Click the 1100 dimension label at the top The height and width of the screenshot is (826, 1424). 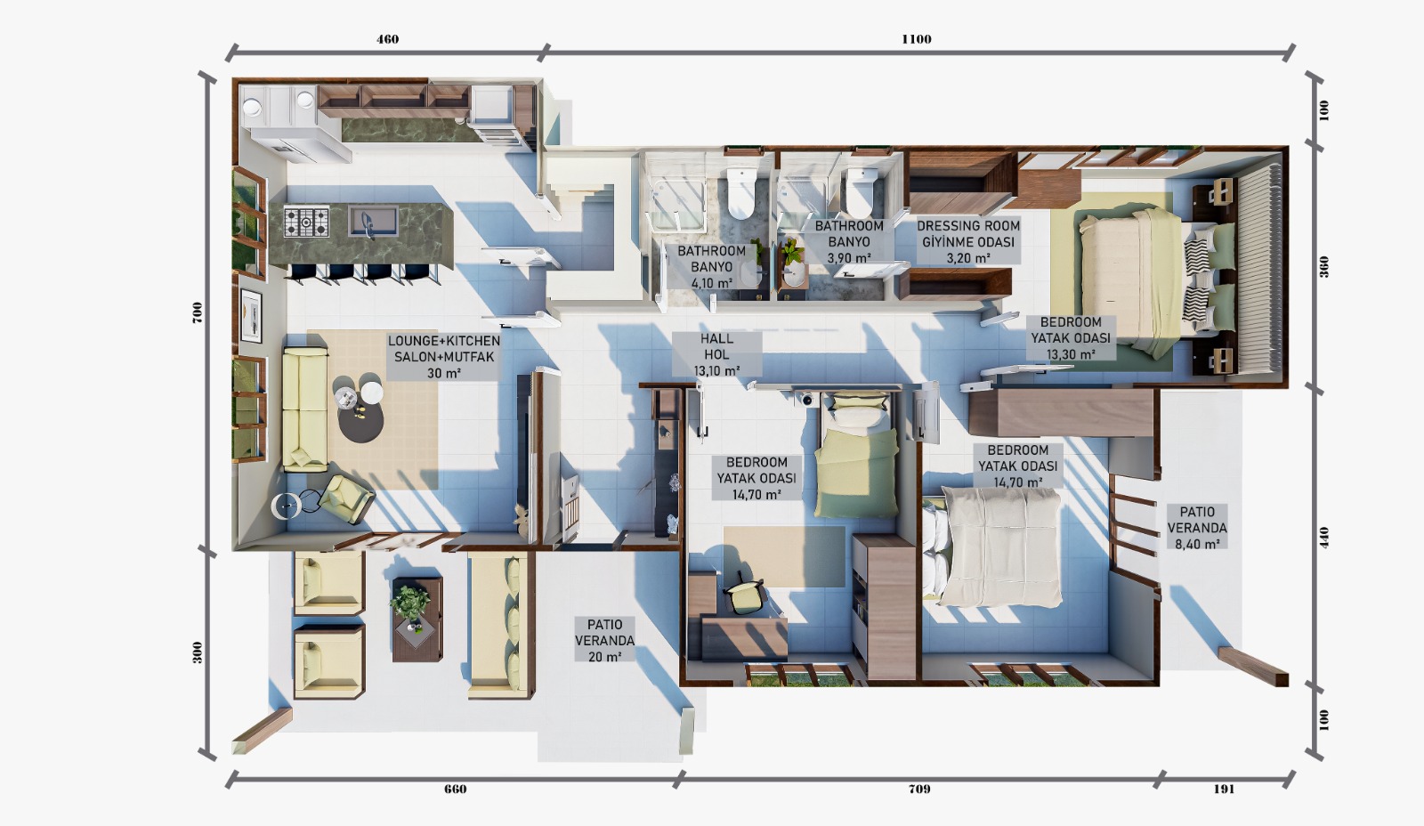(916, 39)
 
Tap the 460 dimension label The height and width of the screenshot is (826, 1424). (388, 39)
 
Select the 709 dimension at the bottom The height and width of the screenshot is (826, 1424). (919, 790)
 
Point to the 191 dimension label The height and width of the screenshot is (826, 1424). (1224, 790)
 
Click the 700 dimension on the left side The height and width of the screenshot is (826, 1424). (197, 312)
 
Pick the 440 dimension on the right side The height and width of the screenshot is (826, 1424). (1324, 538)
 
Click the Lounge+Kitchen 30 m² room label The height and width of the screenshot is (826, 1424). (444, 357)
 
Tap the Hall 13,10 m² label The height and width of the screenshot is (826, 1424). (717, 354)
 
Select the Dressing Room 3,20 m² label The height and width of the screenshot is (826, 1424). (968, 241)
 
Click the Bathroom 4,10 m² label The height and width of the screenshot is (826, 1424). (711, 267)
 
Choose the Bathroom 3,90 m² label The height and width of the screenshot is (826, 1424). (849, 241)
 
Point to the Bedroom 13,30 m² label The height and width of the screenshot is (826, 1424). (1071, 338)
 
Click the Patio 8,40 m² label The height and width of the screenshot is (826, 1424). (1197, 528)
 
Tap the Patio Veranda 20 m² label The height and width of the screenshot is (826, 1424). (604, 640)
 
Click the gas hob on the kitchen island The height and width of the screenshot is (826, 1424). (306, 222)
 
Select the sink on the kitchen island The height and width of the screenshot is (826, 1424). (373, 221)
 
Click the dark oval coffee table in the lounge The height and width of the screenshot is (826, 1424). (360, 419)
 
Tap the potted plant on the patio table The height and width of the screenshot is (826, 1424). (410, 602)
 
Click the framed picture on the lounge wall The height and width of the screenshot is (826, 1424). (251, 316)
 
